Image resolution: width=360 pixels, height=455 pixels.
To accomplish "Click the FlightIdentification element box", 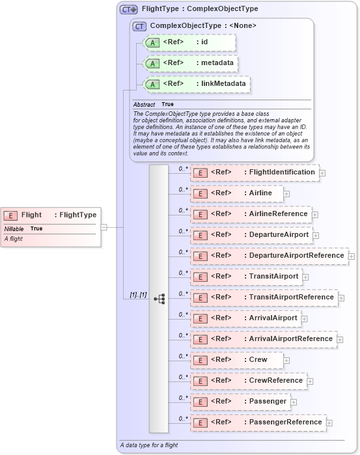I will point(255,172).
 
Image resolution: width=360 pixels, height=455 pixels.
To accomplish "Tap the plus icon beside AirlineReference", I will point(315,214).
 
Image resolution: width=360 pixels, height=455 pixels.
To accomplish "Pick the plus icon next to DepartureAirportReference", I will point(352,256).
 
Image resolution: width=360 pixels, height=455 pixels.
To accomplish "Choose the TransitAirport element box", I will point(245,277).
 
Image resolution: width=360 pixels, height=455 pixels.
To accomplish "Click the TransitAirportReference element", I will point(263,297).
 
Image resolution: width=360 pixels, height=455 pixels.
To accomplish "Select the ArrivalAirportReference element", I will point(262,339).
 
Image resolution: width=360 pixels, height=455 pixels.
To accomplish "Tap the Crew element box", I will point(237,360).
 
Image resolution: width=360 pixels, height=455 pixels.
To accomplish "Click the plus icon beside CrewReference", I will point(311,381).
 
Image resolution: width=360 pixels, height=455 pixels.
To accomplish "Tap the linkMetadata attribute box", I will point(197,84).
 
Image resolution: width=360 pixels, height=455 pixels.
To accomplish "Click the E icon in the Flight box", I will point(11,215).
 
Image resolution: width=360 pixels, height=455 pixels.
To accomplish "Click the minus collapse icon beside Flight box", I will point(104,227).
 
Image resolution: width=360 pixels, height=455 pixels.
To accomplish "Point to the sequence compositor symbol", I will point(159,298).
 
